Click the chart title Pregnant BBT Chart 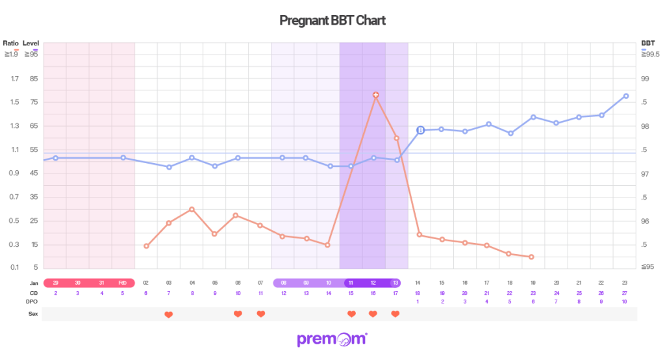coord(332,21)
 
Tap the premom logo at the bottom coord(332,339)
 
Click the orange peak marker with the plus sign coord(375,95)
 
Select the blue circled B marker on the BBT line coord(420,131)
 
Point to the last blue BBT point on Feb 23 coord(625,96)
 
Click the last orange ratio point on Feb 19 coord(531,257)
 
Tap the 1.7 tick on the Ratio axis coord(14,79)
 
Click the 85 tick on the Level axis coord(34,79)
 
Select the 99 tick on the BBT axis coord(646,79)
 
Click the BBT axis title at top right coord(647,43)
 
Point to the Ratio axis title coord(10,43)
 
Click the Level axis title coord(31,43)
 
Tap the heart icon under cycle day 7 coord(169,315)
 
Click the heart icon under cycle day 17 coord(395,315)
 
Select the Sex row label coord(33,314)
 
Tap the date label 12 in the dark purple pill coord(373,283)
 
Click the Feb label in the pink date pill coord(122,283)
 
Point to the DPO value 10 coord(624,302)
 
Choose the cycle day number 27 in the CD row coord(624,292)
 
